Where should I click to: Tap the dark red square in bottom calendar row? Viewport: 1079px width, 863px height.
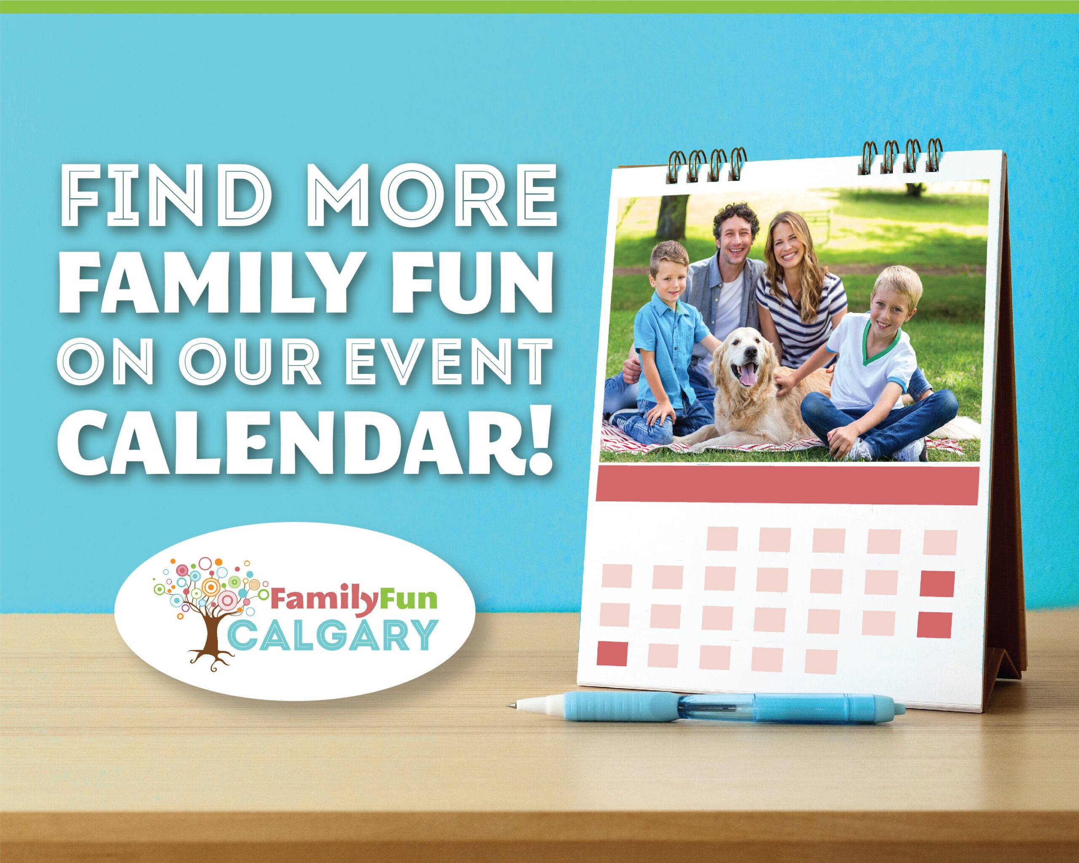[x=612, y=654]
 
